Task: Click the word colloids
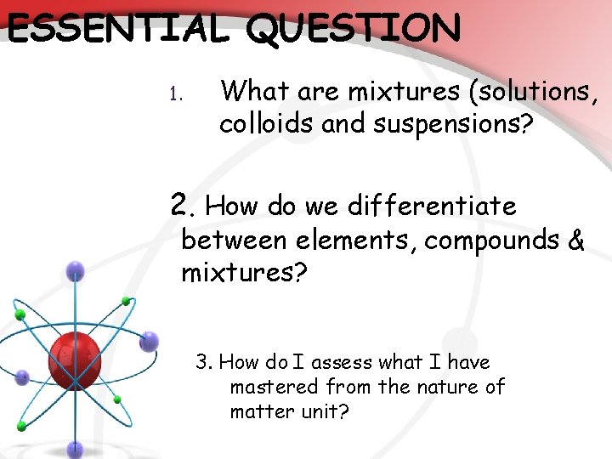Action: click(x=265, y=124)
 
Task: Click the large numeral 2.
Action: click(x=179, y=204)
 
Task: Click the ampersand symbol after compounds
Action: click(x=575, y=241)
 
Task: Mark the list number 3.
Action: click(x=203, y=362)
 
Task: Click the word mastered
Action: click(x=268, y=388)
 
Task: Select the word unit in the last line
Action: click(x=326, y=412)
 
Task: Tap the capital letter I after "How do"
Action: click(x=299, y=362)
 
